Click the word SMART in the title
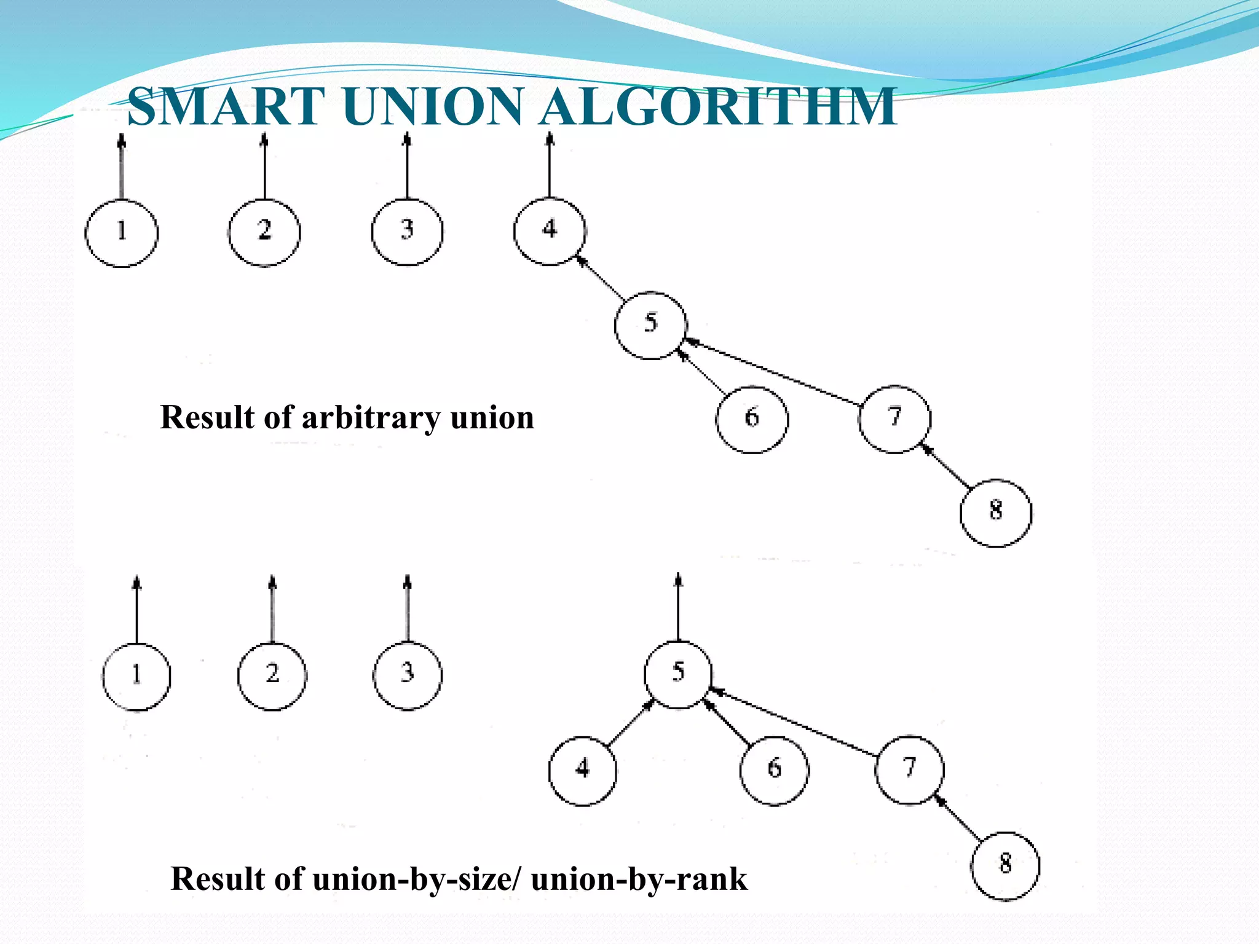tap(226, 107)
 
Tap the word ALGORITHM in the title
tap(719, 107)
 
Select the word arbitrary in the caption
tap(371, 418)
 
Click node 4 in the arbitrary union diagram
tap(550, 231)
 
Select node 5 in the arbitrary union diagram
tap(650, 324)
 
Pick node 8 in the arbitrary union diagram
tap(996, 513)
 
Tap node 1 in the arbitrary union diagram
tap(122, 233)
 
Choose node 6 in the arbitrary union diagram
tap(752, 419)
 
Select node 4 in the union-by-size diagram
tap(582, 770)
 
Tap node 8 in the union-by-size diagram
tap(1005, 865)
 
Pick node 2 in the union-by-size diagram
tap(272, 675)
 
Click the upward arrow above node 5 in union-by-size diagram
tap(678, 608)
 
